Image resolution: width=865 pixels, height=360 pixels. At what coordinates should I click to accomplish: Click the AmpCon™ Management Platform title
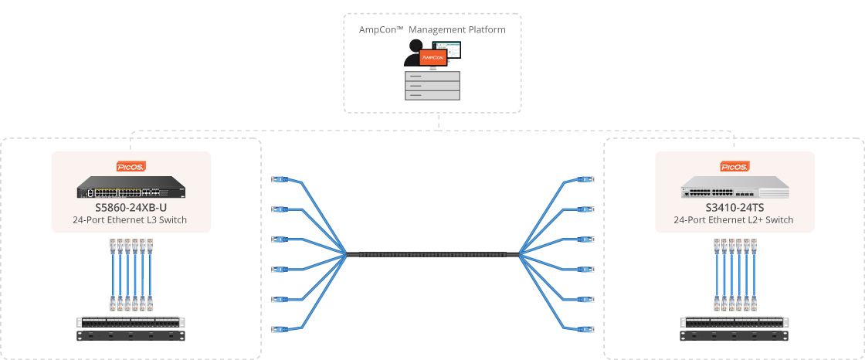coord(432,30)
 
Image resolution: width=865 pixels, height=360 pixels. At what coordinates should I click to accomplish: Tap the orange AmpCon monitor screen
coord(432,57)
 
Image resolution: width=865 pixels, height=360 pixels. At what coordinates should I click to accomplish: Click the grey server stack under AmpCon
coord(432,86)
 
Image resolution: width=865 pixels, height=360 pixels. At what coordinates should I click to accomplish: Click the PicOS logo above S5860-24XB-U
coord(131,166)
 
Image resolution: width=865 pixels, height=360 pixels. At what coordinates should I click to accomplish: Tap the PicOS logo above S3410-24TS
coord(734,166)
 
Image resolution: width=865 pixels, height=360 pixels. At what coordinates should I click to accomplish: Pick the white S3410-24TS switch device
coord(734,187)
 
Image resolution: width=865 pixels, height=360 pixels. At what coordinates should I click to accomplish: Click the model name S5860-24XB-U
coord(131,208)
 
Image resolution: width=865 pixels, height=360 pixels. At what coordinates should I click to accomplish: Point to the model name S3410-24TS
coord(734,208)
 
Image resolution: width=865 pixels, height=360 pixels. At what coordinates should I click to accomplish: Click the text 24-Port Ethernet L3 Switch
coord(130,219)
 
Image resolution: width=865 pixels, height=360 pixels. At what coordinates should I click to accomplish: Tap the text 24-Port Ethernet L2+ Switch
coord(734,219)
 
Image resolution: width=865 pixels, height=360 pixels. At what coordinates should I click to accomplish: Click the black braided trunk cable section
coord(432,254)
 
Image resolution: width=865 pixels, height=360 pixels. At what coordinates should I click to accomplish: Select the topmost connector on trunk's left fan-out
coord(280,179)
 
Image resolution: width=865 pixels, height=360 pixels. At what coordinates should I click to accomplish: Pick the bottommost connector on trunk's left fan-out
coord(280,329)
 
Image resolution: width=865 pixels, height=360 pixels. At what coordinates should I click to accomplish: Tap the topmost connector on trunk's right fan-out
coord(585,179)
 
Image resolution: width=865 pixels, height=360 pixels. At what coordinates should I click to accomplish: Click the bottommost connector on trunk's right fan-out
coord(585,329)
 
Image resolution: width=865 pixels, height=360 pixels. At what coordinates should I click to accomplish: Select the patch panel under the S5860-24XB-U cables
coord(131,322)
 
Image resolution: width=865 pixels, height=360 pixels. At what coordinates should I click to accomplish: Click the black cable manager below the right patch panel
coord(734,336)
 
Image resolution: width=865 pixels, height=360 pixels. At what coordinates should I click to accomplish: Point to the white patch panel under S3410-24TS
coord(734,322)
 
